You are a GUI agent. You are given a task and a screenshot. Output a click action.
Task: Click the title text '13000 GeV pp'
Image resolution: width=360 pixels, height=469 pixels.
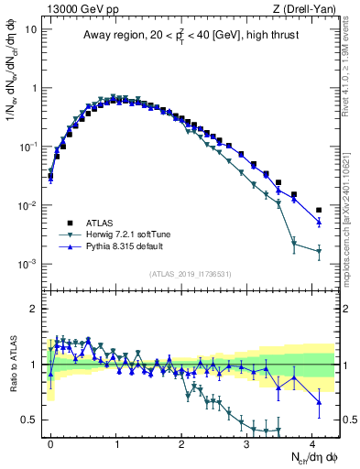click(x=78, y=8)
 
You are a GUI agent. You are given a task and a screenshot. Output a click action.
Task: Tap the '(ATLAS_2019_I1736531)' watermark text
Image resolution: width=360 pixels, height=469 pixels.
click(x=191, y=274)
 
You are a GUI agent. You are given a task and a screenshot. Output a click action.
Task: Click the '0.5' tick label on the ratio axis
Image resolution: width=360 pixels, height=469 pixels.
click(x=30, y=420)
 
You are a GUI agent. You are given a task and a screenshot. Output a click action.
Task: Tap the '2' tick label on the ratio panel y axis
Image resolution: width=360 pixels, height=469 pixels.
click(x=35, y=309)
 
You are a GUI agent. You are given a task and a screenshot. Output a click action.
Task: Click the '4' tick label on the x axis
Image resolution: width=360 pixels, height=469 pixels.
click(x=311, y=442)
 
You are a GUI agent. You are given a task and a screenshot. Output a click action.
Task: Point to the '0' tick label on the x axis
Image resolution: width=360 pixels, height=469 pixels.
click(x=51, y=442)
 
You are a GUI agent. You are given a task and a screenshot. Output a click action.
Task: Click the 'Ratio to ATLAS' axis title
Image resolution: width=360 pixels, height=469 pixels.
click(x=13, y=364)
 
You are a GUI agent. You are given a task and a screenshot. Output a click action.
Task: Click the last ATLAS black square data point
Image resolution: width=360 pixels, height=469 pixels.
click(x=319, y=210)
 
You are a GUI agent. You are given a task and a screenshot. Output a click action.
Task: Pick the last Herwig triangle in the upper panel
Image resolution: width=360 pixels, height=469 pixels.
click(x=319, y=251)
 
